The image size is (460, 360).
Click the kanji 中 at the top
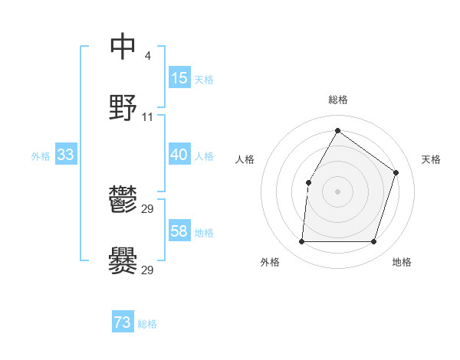(123, 47)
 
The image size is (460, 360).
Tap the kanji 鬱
(123, 201)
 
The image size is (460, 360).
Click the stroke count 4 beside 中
(147, 55)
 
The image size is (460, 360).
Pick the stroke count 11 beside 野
(148, 117)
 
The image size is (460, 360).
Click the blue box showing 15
(179, 78)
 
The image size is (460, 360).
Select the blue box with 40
(179, 155)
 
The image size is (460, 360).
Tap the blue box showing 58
(179, 231)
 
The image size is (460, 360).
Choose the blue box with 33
(66, 155)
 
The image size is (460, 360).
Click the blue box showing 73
(123, 323)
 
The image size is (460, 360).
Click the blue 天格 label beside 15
(204, 80)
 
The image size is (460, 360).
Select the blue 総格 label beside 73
(147, 325)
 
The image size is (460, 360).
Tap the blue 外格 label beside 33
(41, 156)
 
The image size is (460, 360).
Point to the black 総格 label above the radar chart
(337, 100)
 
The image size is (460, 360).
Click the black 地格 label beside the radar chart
(402, 263)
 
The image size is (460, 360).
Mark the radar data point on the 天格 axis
(396, 172)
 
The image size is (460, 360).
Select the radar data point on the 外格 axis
(301, 242)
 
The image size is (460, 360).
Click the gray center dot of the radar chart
(337, 191)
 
